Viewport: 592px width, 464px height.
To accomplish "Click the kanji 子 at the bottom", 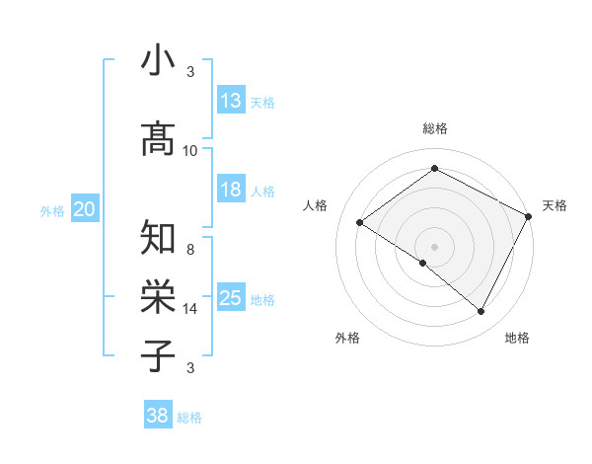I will click(x=158, y=355).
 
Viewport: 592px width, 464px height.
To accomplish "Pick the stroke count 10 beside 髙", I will click(x=190, y=151).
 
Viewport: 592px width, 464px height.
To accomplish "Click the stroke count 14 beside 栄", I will click(x=190, y=309).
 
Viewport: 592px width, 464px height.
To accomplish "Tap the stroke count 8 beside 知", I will click(x=190, y=250).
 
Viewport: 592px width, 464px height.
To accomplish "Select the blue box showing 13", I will click(x=231, y=101).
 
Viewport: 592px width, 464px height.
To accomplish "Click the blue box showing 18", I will click(x=231, y=190).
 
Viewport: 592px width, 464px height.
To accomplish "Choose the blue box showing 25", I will click(x=231, y=298).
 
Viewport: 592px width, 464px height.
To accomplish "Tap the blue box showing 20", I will click(x=85, y=209).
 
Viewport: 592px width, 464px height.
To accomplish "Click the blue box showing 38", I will click(x=158, y=417).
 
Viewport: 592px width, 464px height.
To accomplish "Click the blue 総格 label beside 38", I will click(x=189, y=418).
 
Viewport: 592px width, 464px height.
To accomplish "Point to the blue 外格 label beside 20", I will click(x=52, y=210).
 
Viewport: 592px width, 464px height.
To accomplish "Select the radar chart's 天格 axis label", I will click(x=555, y=205).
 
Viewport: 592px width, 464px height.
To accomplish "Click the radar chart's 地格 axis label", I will click(x=517, y=338).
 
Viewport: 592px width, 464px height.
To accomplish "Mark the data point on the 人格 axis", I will click(x=360, y=223).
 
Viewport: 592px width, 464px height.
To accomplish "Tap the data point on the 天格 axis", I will click(x=528, y=216).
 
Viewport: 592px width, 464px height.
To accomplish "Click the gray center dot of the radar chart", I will click(x=434, y=246).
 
